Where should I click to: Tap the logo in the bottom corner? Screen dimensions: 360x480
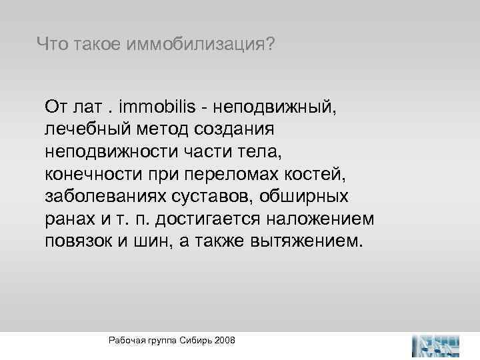click(436, 344)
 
